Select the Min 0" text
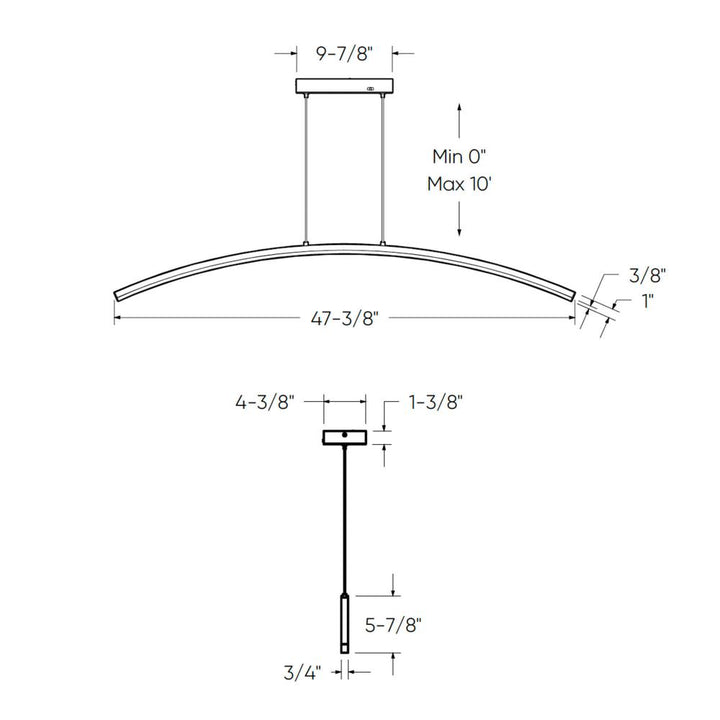[x=459, y=156]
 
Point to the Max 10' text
[x=460, y=184]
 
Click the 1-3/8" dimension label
[x=436, y=404]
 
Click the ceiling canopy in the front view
[x=343, y=88]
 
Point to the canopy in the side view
[x=344, y=437]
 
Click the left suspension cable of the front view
[x=304, y=170]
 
